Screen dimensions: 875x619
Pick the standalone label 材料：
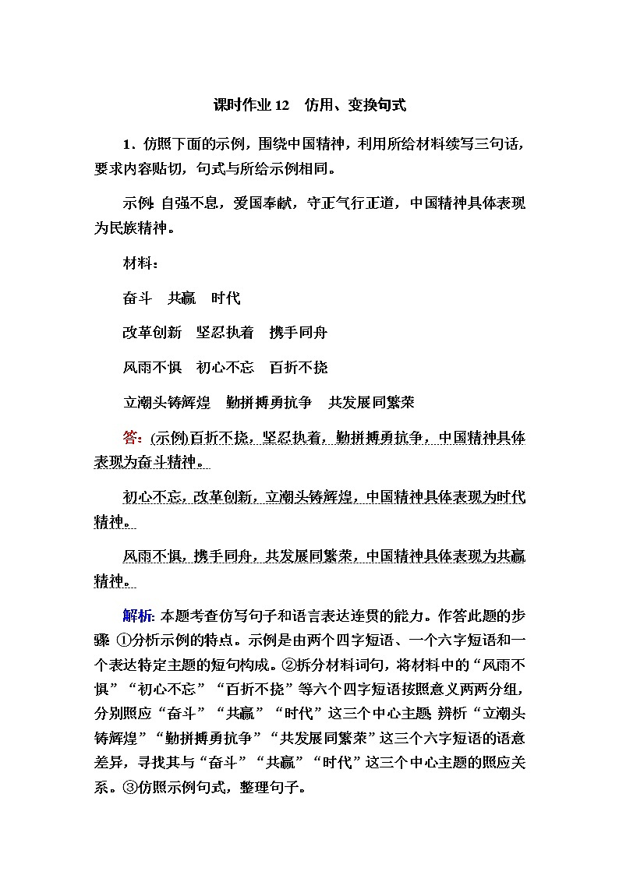pyautogui.click(x=140, y=264)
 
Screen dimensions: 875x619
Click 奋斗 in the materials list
pyautogui.click(x=137, y=298)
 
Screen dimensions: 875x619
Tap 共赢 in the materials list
pyautogui.click(x=182, y=298)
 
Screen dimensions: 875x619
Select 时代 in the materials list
pyautogui.click(x=225, y=298)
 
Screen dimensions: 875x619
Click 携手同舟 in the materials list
pyautogui.click(x=299, y=333)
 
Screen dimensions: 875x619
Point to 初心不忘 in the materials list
pyautogui.click(x=225, y=367)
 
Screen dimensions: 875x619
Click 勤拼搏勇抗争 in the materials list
pyautogui.click(x=269, y=402)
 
